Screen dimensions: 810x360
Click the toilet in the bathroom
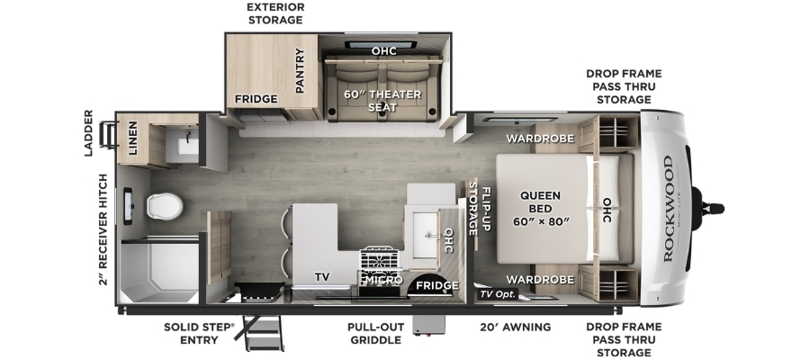point(165,205)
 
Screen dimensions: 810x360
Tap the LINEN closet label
point(133,139)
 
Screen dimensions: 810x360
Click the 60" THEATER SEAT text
point(382,101)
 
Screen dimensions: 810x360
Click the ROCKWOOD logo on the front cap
point(668,209)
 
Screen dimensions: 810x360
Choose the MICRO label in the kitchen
point(383,280)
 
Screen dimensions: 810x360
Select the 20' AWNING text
point(514,327)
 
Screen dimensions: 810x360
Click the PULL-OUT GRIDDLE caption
point(375,333)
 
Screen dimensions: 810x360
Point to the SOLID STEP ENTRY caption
point(199,333)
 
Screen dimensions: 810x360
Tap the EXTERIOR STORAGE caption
point(275,13)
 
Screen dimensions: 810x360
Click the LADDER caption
point(88,132)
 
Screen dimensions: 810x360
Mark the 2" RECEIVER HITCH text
point(103,229)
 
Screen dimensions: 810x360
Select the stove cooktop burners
point(380,261)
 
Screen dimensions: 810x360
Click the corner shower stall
point(158,271)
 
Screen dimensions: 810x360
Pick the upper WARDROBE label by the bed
point(540,139)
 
